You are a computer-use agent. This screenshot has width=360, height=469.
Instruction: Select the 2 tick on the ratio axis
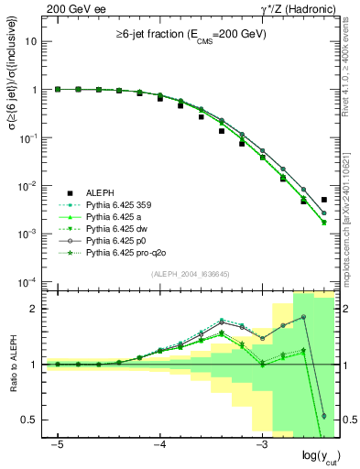pos(36,308)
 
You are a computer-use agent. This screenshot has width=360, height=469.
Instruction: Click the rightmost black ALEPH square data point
pos(324,200)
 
